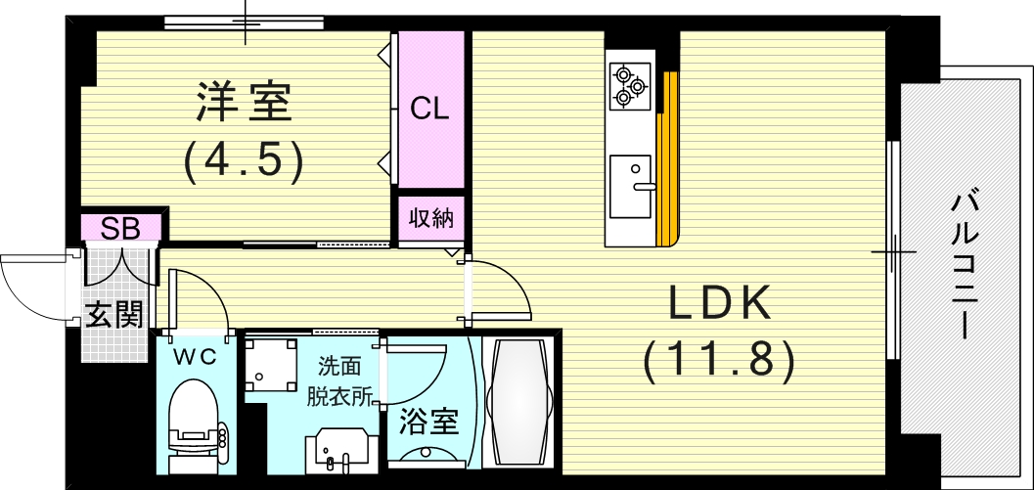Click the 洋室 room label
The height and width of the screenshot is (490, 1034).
tap(244, 103)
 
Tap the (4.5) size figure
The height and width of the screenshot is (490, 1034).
tap(244, 163)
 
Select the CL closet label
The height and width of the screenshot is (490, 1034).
tap(430, 109)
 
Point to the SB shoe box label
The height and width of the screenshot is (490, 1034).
tap(120, 229)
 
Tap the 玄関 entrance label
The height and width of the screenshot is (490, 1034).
tap(114, 317)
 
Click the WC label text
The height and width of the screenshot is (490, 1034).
tap(196, 357)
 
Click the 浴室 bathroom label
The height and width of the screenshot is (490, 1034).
tap(429, 422)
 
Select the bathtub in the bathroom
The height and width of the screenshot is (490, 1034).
tap(519, 402)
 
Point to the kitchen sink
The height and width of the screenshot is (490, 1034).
tap(631, 187)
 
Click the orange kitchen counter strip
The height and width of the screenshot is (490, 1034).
tap(668, 159)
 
